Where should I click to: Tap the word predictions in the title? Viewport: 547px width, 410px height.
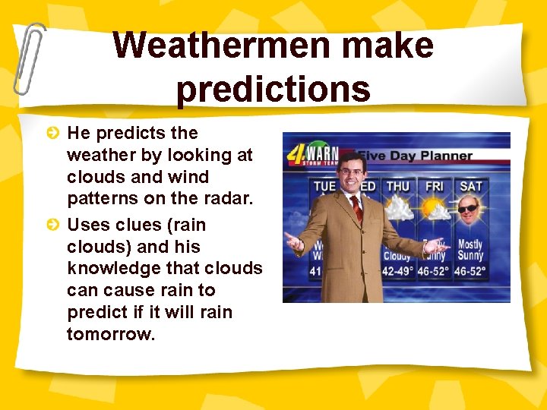pyautogui.click(x=273, y=88)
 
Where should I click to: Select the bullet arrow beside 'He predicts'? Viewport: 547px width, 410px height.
pyautogui.click(x=52, y=134)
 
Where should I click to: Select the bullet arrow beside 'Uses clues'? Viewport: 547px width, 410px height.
pyautogui.click(x=52, y=225)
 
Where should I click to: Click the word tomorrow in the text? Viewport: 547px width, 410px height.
pyautogui.click(x=110, y=334)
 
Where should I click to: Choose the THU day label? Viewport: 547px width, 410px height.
pyautogui.click(x=397, y=186)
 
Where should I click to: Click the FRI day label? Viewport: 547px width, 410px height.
pyautogui.click(x=435, y=186)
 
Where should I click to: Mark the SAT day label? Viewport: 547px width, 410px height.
pyautogui.click(x=470, y=186)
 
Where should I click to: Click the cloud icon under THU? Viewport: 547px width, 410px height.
pyautogui.click(x=398, y=210)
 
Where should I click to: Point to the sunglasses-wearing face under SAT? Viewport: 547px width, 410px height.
pyautogui.click(x=469, y=213)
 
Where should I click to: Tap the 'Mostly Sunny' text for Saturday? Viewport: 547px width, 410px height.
pyautogui.click(x=470, y=251)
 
